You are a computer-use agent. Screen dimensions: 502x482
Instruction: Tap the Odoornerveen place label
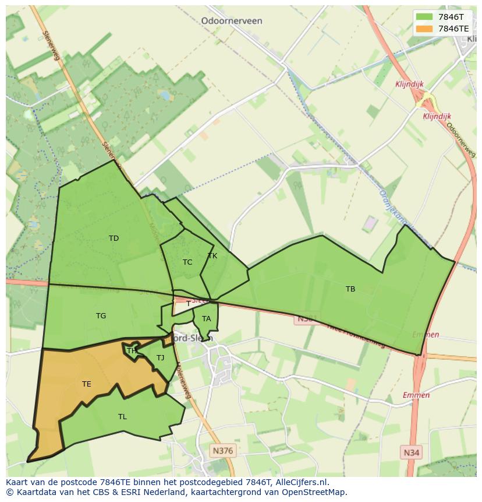coord(231,21)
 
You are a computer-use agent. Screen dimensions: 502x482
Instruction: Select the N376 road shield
coord(222,451)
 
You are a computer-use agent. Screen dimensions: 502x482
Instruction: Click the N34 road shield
coord(412,452)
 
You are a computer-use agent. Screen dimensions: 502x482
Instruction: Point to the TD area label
coord(114,238)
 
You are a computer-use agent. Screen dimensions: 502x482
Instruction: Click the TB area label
coord(350,289)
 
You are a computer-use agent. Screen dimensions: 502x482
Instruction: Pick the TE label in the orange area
coord(86,384)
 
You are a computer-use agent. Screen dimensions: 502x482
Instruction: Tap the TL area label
coord(122,417)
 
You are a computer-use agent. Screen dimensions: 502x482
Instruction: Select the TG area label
coord(101,316)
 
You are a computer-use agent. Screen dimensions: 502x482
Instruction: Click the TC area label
coord(187,262)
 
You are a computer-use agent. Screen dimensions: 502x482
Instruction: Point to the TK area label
coord(212,256)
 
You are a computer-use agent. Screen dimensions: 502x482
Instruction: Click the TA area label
coord(206,319)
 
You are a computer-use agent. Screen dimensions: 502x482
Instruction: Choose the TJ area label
coord(160,358)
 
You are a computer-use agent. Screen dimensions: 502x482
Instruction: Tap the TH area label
coord(132,350)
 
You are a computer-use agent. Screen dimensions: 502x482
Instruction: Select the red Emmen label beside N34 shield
coord(416,395)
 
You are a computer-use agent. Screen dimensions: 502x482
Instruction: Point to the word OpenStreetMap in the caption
coord(315,492)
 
